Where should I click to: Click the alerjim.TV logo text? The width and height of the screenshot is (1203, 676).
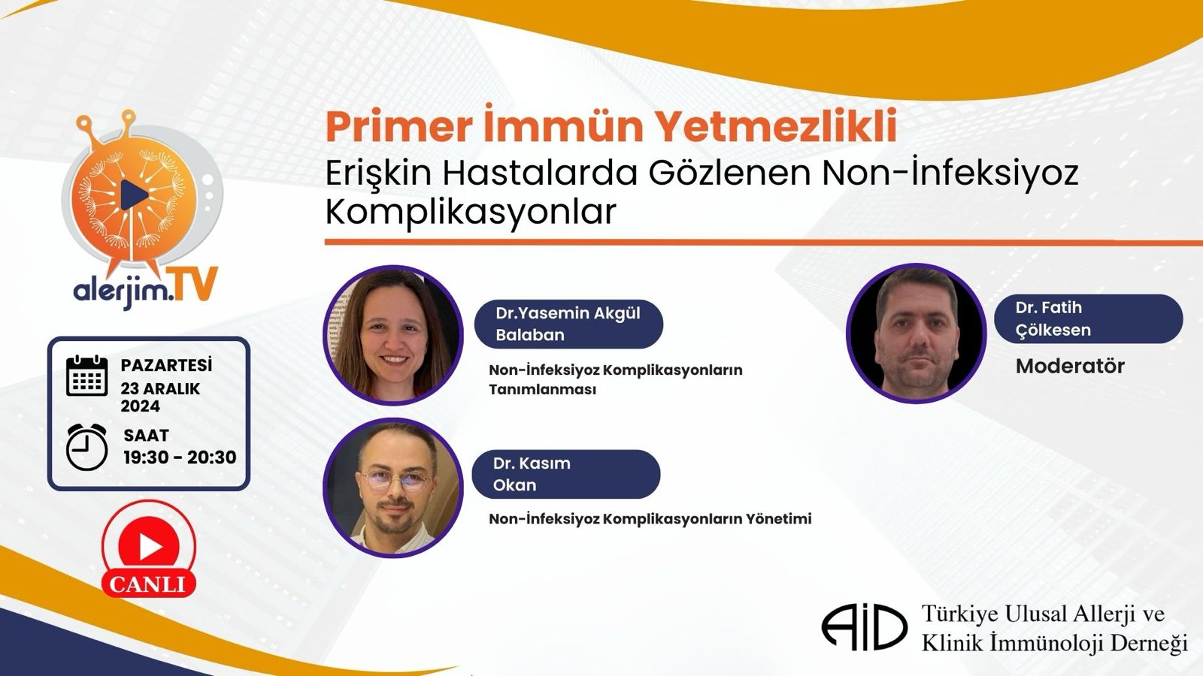[x=145, y=286]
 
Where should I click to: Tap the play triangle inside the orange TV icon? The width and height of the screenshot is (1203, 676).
[x=134, y=195]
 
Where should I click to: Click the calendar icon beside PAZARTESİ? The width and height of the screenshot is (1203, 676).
[x=86, y=376]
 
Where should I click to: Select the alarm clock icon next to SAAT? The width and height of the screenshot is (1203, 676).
[x=86, y=447]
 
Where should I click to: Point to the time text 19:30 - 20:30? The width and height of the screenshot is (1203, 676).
[x=180, y=457]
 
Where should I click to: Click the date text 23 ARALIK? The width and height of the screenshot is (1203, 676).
[x=160, y=388]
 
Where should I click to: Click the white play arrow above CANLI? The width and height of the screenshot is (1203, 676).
[x=150, y=546]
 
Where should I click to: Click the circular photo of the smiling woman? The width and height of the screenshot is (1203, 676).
[x=393, y=335]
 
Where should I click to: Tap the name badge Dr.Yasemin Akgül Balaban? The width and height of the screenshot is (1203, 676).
[x=568, y=324]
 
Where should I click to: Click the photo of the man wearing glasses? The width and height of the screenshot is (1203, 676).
[x=393, y=487]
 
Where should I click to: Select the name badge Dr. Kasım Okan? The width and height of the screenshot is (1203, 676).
[x=566, y=474]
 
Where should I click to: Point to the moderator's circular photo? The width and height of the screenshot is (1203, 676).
[x=917, y=333]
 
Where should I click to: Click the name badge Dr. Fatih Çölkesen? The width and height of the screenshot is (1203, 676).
[x=1088, y=318]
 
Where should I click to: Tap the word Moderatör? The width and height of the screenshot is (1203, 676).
[x=1070, y=366]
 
